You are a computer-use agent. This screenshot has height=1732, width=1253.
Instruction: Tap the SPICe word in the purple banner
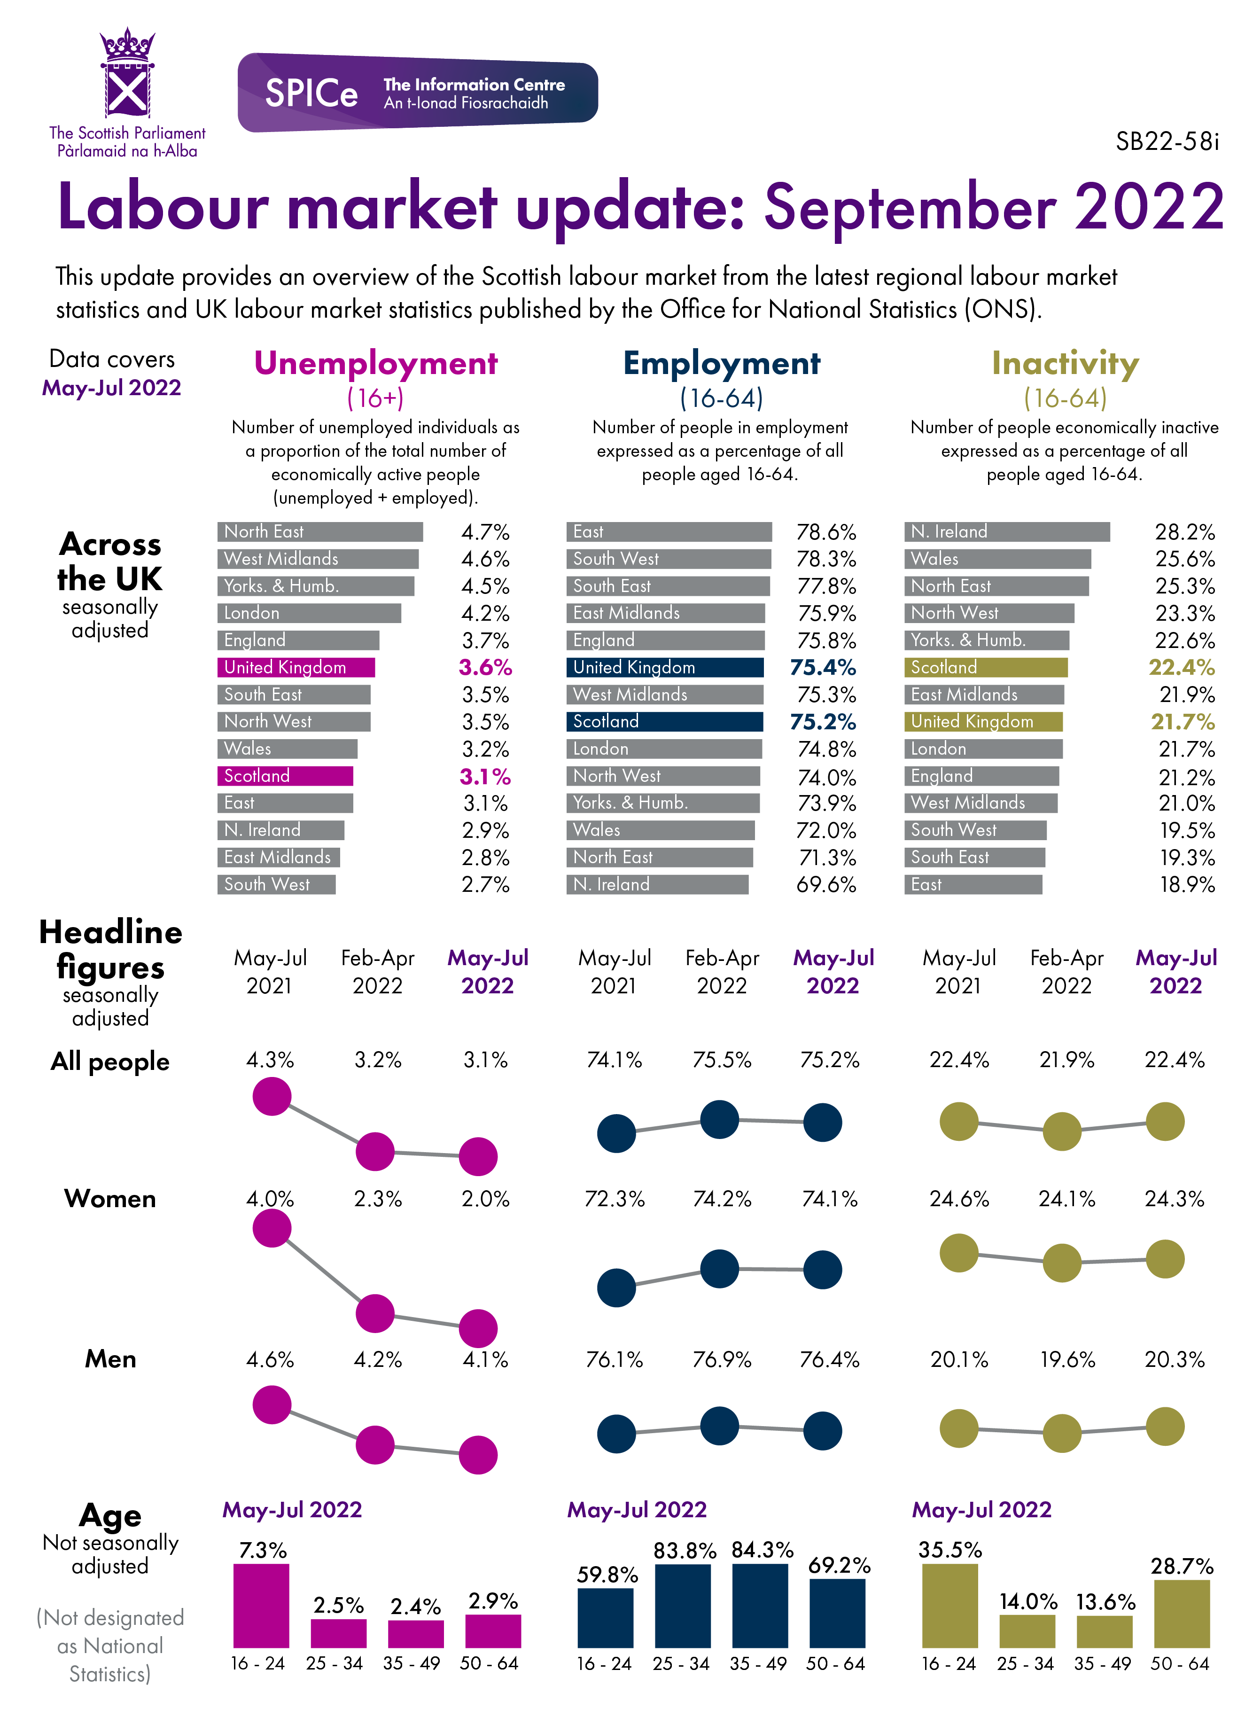pos(311,93)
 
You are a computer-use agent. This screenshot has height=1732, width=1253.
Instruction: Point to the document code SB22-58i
pos(1167,142)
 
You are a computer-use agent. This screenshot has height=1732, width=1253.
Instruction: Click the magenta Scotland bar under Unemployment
pos(285,776)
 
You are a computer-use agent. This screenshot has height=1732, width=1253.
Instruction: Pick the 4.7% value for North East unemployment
pos(485,532)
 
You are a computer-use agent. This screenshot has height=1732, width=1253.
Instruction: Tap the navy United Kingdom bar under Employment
pos(664,667)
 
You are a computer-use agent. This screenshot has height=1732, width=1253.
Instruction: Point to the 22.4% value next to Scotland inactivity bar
pos(1181,667)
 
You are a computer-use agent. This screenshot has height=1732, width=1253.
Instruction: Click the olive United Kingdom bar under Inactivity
pos(983,722)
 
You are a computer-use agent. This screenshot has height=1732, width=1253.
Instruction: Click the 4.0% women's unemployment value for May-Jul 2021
pos(270,1199)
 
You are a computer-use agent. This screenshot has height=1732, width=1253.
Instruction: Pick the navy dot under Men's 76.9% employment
pos(719,1425)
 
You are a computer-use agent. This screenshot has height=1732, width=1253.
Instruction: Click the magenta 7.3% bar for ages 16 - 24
pos(261,1605)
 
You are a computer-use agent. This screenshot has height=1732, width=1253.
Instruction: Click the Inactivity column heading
pos(1065,364)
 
